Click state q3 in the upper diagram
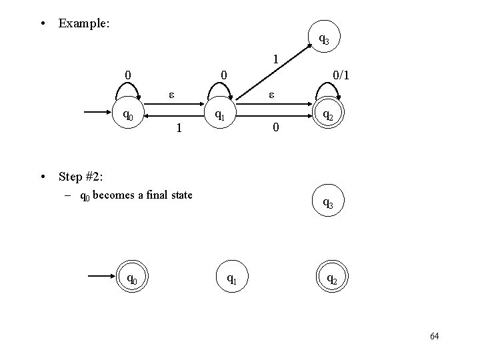pos(323,39)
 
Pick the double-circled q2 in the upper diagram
pos(327,115)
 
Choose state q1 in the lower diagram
pos(231,279)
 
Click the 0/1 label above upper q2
pos(341,76)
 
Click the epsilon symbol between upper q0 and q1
pos(171,95)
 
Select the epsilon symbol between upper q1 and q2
pos(272,95)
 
